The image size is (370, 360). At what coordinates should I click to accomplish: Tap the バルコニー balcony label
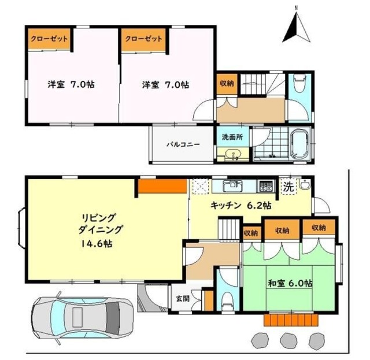tap(184, 144)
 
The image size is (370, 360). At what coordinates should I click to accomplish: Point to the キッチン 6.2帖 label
tap(241, 205)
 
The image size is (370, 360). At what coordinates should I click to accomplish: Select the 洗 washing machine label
tap(288, 186)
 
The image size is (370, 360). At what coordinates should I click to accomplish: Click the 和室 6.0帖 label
tap(290, 284)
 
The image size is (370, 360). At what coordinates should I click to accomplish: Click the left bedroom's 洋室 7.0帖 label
tap(71, 84)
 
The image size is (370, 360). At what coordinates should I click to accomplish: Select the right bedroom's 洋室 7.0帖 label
tap(165, 84)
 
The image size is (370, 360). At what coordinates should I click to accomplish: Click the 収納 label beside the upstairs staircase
tap(227, 83)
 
